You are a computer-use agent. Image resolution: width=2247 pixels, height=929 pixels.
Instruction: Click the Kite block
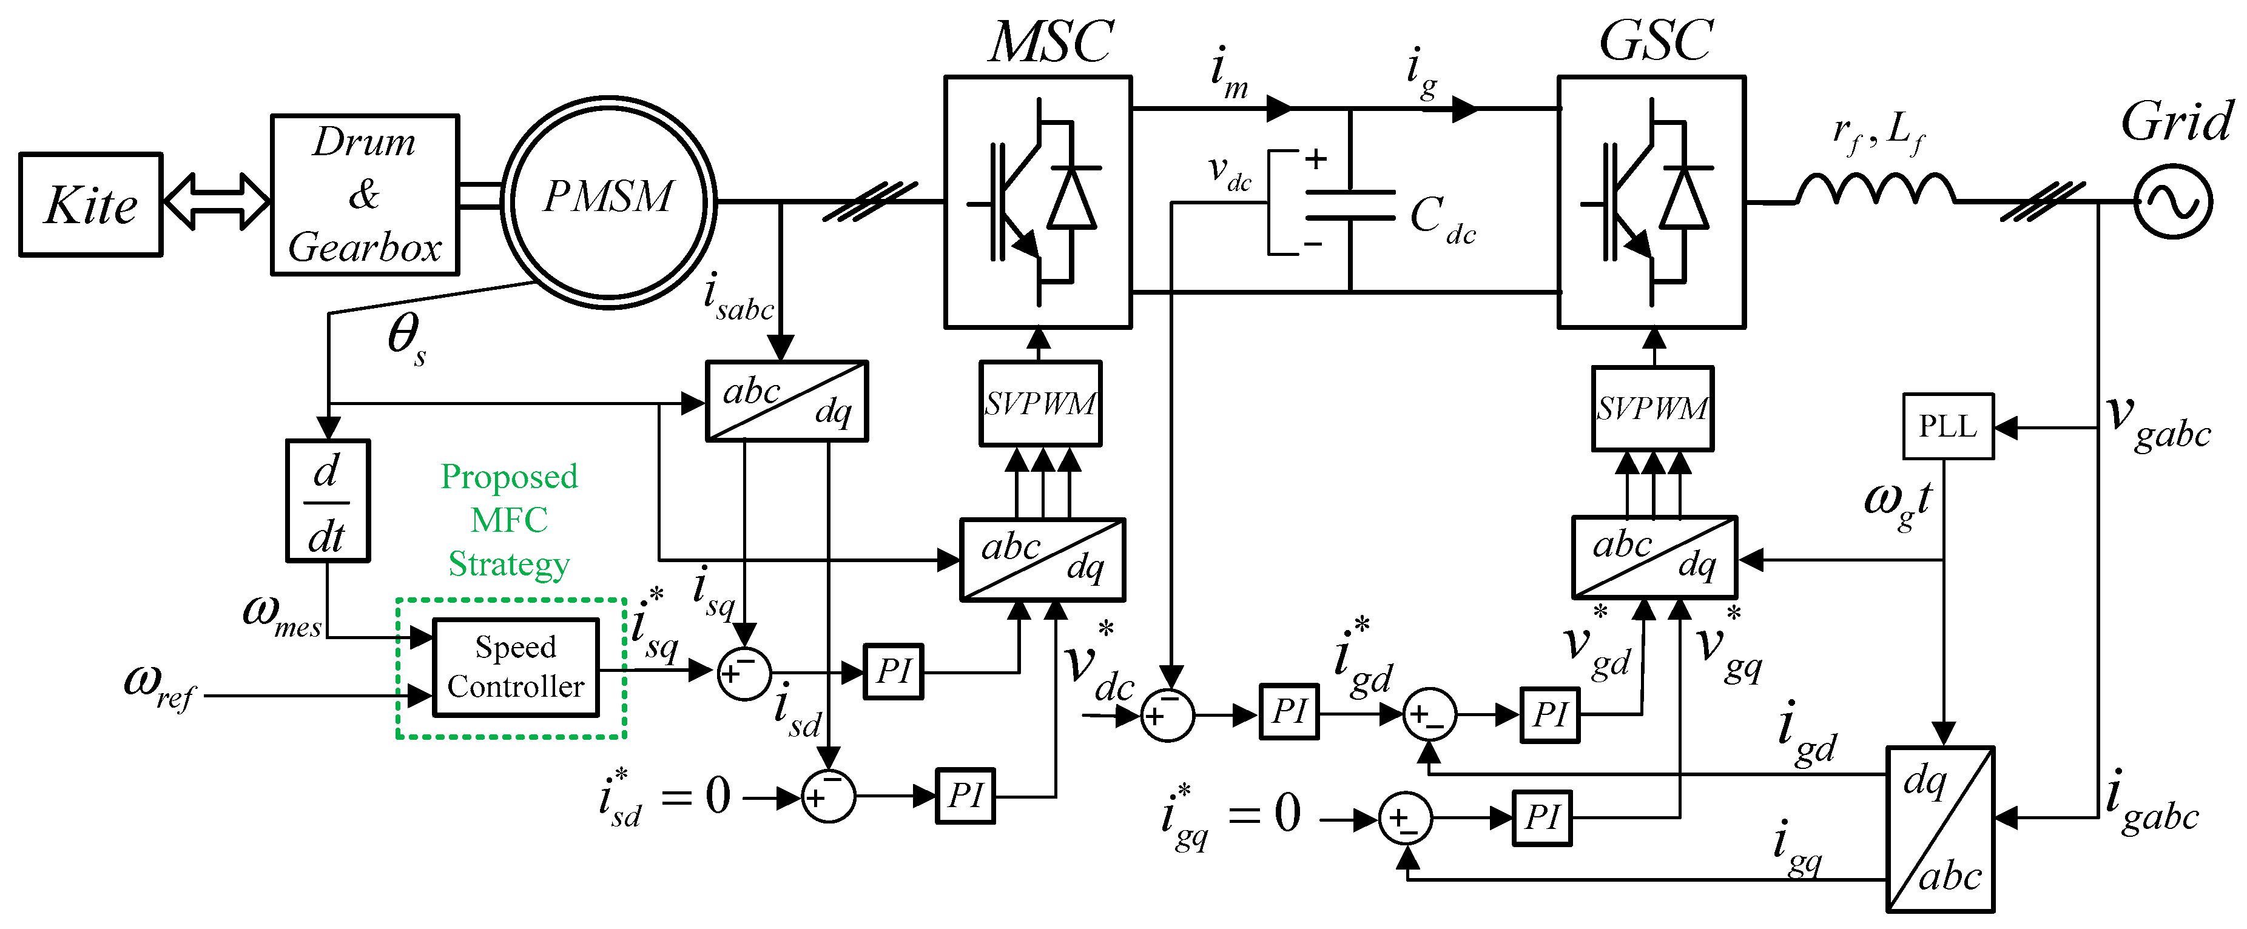pyautogui.click(x=91, y=205)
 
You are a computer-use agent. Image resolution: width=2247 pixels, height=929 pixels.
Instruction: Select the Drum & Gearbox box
pyautogui.click(x=365, y=195)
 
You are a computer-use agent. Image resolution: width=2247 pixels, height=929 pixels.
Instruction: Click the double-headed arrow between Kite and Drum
pyautogui.click(x=217, y=201)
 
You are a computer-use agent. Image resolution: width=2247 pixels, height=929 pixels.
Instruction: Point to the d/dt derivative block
pyautogui.click(x=328, y=501)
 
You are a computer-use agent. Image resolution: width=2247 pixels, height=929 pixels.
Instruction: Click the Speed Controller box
pyautogui.click(x=516, y=667)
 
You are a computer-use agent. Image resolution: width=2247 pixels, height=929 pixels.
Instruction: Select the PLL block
pyautogui.click(x=1947, y=426)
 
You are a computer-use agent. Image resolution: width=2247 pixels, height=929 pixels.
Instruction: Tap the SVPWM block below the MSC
pyautogui.click(x=1040, y=404)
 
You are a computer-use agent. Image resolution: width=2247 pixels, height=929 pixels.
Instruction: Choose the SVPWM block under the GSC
pyautogui.click(x=1652, y=408)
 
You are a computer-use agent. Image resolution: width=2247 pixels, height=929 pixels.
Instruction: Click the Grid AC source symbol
pyautogui.click(x=2173, y=201)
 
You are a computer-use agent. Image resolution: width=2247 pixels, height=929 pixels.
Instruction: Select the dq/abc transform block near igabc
pyautogui.click(x=1940, y=829)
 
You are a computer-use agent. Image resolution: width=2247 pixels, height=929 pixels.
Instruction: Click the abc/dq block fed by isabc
pyautogui.click(x=786, y=401)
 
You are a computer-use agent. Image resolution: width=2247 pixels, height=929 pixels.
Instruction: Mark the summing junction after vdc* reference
pyautogui.click(x=1167, y=716)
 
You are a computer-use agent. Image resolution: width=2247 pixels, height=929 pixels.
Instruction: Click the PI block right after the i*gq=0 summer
pyautogui.click(x=1541, y=818)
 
